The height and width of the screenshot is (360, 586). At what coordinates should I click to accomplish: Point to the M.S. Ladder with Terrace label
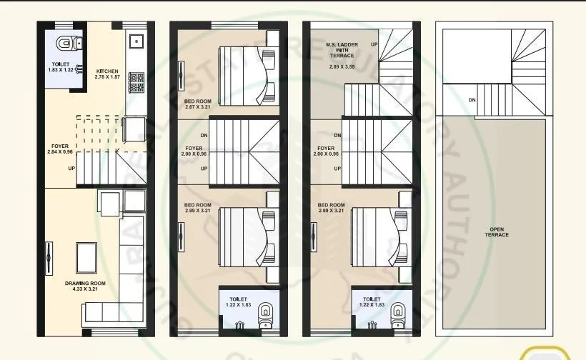[x=340, y=51]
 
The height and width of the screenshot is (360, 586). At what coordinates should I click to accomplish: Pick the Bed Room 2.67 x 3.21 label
[x=196, y=103]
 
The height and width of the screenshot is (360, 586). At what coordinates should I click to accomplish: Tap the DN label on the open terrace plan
[x=472, y=100]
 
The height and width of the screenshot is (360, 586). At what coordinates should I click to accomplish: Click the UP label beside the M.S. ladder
[x=374, y=44]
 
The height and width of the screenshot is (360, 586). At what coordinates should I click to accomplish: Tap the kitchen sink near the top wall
[x=135, y=40]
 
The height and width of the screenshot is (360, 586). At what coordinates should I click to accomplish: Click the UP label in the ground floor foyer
[x=70, y=169]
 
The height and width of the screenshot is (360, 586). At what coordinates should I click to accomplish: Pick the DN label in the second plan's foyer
[x=204, y=136]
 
